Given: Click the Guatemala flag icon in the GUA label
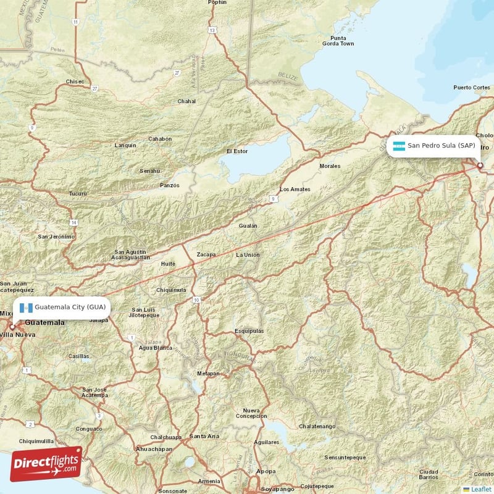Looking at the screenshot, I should [26, 307].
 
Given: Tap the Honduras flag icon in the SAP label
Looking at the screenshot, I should [399, 146].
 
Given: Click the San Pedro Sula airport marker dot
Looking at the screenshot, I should [480, 165].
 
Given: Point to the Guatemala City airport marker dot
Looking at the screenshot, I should [12, 327].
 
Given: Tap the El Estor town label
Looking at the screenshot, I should [237, 151].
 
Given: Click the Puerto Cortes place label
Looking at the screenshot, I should [471, 88].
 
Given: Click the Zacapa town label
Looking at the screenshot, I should [206, 254].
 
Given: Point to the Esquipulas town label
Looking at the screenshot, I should [249, 331].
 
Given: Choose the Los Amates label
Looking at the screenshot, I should [295, 189].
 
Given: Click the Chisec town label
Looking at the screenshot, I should [75, 82].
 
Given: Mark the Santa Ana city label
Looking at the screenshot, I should [204, 436].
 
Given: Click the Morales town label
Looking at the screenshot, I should [330, 166].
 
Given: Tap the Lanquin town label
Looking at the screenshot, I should [125, 146].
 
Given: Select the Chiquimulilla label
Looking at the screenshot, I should [36, 442].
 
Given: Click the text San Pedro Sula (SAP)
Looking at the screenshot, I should [441, 146].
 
